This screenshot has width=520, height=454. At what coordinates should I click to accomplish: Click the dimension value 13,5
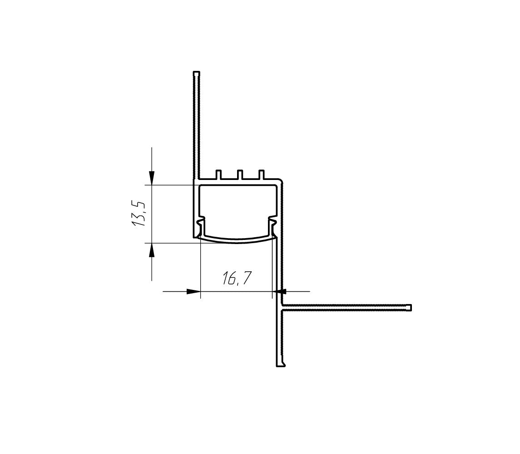139,214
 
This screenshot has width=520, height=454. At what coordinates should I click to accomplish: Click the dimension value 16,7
237,278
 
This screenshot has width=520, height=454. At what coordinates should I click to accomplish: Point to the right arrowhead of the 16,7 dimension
280,291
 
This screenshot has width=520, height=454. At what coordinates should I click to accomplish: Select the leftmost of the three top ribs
218,174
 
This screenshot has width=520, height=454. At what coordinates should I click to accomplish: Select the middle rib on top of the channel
240,174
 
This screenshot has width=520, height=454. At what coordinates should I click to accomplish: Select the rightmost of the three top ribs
261,174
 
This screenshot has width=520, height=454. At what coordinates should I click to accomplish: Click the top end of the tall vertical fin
196,73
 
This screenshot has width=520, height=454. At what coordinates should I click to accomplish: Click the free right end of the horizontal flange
410,308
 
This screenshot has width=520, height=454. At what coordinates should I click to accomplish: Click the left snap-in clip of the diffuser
201,225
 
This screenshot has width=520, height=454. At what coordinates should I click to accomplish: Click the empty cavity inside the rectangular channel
237,205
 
